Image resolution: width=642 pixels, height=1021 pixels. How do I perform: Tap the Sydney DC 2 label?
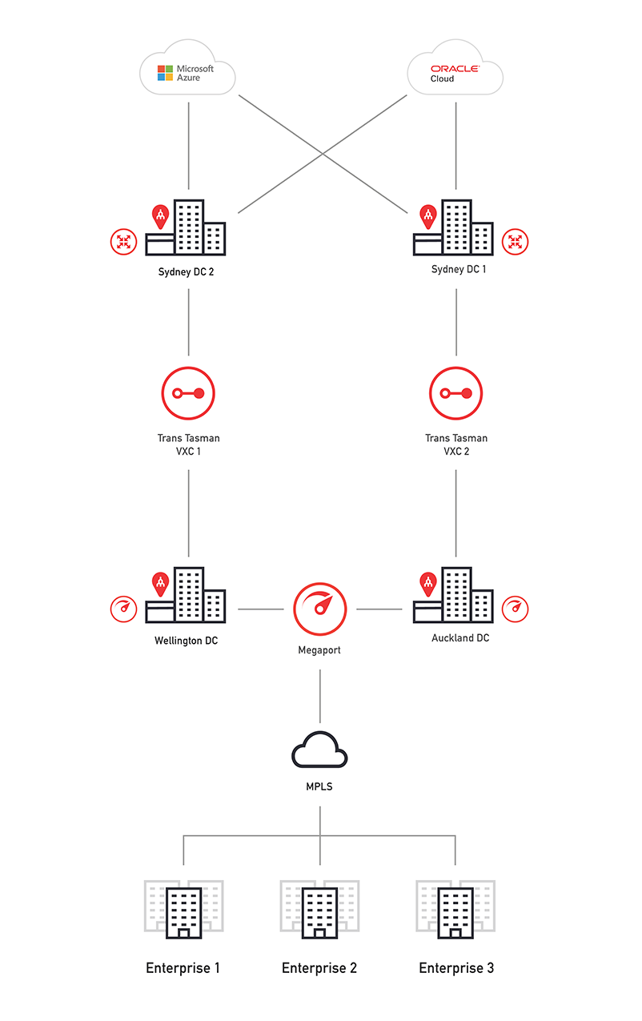(186, 271)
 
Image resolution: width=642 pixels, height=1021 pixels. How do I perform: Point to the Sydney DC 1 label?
(458, 269)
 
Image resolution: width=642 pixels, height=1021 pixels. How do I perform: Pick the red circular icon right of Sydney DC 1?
(516, 241)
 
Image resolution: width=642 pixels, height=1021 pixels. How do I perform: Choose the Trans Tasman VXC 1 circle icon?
(188, 393)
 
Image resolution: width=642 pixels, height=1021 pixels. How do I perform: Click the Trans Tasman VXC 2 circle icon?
(456, 393)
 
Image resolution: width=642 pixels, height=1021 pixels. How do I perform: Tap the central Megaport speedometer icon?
(320, 609)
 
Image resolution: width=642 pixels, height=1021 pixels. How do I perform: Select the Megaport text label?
(319, 650)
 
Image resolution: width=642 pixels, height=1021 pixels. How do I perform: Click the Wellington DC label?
(186, 641)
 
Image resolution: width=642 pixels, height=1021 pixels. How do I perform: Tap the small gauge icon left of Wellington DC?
(123, 609)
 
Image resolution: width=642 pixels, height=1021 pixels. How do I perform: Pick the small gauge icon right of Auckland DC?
(516, 609)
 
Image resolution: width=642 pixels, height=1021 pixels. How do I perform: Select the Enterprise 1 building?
(183, 909)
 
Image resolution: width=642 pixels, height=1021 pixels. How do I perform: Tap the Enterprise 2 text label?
(319, 968)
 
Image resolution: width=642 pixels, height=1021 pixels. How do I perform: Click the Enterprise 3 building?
(455, 909)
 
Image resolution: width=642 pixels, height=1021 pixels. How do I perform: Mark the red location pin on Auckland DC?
(429, 584)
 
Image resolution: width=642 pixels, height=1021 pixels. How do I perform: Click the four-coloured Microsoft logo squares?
(166, 73)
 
